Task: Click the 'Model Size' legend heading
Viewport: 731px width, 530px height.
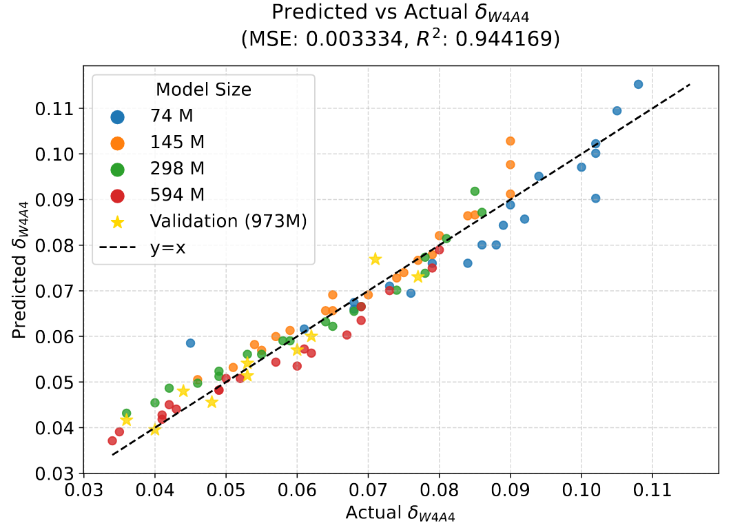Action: pyautogui.click(x=203, y=90)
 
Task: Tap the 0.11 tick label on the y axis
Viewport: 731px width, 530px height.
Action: pyautogui.click(x=56, y=108)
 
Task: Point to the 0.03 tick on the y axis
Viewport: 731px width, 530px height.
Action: pyautogui.click(x=56, y=473)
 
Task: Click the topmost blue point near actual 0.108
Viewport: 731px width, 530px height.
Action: pyautogui.click(x=638, y=84)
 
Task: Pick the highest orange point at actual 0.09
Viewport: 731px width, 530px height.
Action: pyautogui.click(x=511, y=141)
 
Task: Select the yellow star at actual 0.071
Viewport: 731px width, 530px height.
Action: pyautogui.click(x=375, y=259)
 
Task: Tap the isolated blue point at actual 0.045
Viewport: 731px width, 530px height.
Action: pyautogui.click(x=190, y=343)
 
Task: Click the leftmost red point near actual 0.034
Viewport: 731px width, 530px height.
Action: pyautogui.click(x=112, y=440)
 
